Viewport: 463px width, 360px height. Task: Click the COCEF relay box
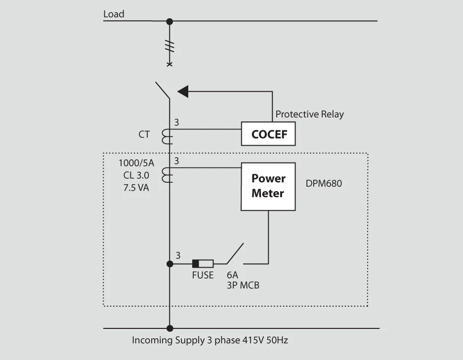(268, 134)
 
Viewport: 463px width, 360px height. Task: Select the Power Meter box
(268, 186)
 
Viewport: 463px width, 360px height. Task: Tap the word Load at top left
(114, 14)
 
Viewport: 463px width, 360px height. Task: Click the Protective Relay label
(309, 114)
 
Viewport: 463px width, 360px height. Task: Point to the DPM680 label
(324, 184)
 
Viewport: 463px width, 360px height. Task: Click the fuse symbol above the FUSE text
(203, 263)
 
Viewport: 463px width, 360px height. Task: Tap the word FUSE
(203, 275)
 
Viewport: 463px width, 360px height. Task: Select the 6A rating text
(233, 275)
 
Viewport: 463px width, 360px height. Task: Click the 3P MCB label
(243, 285)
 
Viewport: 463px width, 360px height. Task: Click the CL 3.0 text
(136, 175)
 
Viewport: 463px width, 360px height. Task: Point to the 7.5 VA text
(136, 188)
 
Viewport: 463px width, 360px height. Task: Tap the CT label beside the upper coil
(144, 134)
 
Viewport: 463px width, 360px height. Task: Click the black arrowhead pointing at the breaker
(183, 91)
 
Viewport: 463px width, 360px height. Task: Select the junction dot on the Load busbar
(169, 21)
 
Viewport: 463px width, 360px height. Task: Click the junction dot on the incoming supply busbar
(169, 328)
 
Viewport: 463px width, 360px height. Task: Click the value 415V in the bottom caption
(249, 340)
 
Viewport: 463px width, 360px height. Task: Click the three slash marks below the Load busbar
(169, 46)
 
